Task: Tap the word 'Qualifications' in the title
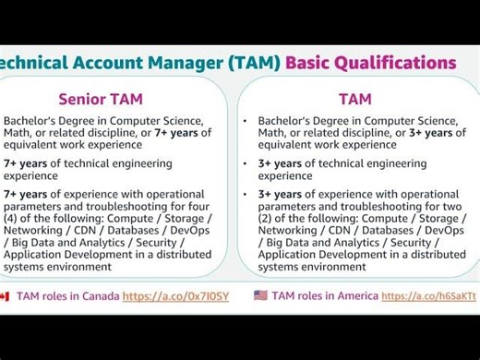398,63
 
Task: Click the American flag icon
261,296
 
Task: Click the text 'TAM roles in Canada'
65,296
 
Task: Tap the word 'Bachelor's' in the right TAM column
290,120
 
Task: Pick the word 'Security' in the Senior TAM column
169,242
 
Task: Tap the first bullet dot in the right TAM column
246,121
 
